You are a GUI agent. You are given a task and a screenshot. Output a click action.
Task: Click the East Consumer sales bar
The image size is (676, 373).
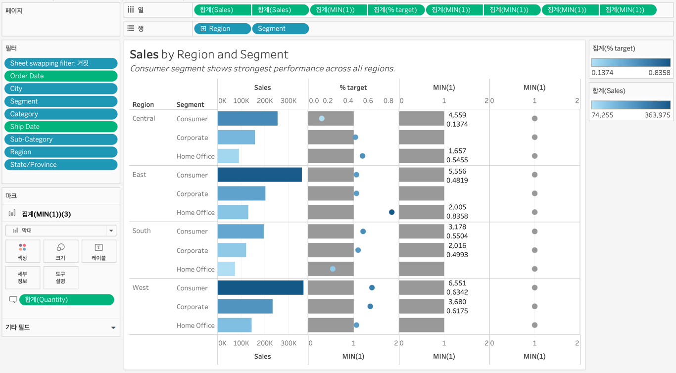click(259, 175)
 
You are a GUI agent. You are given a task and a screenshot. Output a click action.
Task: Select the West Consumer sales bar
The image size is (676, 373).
click(260, 287)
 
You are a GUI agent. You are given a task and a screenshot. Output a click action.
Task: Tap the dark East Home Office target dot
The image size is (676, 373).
click(391, 212)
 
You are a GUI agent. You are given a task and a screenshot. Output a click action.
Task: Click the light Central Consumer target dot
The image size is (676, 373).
click(322, 119)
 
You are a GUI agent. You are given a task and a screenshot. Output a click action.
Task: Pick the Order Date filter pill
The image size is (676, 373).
click(61, 76)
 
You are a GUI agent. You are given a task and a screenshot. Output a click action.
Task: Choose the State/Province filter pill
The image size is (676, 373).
click(61, 165)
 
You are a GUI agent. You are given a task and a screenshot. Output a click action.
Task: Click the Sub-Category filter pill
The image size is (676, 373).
click(61, 140)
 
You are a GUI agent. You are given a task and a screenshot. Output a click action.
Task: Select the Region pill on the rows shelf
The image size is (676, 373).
click(222, 29)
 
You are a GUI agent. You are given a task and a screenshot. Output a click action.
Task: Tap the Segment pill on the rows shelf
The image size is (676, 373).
click(280, 29)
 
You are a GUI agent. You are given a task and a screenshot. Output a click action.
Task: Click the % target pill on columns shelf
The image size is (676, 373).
click(396, 10)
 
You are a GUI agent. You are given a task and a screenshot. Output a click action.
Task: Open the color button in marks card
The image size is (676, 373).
click(23, 251)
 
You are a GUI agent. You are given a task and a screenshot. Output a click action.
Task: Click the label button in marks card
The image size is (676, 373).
click(99, 251)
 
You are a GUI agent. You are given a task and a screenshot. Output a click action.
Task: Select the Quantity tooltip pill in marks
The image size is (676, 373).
click(66, 300)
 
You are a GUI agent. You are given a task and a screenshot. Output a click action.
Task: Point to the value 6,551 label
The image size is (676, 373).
click(457, 283)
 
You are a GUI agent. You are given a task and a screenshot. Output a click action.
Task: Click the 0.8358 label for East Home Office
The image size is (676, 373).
click(457, 216)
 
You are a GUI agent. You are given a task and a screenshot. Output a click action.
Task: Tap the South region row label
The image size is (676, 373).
click(142, 231)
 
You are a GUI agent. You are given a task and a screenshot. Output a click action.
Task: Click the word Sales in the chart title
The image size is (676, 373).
click(144, 54)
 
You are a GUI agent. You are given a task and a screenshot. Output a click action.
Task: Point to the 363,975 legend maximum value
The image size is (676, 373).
click(658, 115)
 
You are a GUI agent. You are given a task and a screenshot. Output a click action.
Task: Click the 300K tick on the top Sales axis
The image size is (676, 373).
click(289, 101)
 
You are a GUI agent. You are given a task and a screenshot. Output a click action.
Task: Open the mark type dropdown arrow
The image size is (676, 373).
click(111, 231)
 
